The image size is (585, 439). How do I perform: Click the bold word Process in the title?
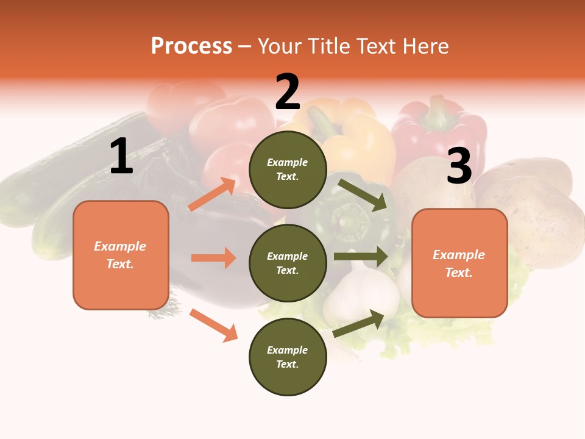[x=191, y=46]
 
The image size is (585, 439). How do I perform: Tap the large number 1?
[x=121, y=157]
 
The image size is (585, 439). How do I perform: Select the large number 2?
[x=288, y=91]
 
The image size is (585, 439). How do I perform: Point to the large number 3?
[x=459, y=166]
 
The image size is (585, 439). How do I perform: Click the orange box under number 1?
[x=121, y=255]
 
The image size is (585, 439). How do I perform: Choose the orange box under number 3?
[x=459, y=263]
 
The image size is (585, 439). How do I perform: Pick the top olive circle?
[x=288, y=170]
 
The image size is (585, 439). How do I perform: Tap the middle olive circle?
[x=288, y=263]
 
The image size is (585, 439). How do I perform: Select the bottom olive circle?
[x=288, y=357]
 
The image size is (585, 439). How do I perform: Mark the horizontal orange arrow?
[x=213, y=258]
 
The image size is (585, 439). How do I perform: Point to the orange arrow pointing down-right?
[x=213, y=325]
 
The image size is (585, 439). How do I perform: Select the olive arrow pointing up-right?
[x=359, y=323]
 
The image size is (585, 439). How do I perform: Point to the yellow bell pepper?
[x=360, y=143]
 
